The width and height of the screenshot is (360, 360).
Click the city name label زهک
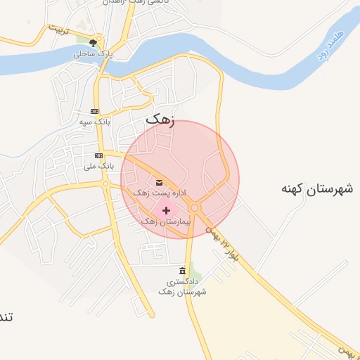159,120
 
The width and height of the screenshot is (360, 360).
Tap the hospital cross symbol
166,210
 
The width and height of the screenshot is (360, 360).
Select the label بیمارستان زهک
166,221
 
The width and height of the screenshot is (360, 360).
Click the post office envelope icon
159,182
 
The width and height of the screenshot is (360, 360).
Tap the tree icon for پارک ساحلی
94,43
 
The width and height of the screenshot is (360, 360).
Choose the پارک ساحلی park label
94,54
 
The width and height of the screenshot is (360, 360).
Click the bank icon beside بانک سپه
95,112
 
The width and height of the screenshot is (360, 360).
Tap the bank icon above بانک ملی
98,155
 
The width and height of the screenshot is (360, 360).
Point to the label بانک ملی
98,167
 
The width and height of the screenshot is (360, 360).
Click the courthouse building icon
183,271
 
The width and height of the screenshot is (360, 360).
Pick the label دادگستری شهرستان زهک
182,286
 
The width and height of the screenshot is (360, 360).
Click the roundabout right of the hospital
194,207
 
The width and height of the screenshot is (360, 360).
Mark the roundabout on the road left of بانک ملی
105,184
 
